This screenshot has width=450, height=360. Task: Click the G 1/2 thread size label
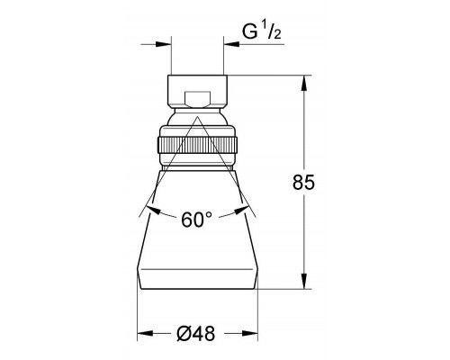tap(262, 32)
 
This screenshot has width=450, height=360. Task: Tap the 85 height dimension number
tap(303, 182)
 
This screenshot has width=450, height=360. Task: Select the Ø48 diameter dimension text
tap(196, 333)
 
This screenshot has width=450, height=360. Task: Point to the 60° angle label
tap(196, 220)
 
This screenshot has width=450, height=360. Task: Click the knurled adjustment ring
tap(197, 146)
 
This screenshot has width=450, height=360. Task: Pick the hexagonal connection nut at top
tap(197, 92)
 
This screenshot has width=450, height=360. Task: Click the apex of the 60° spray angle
tap(197, 117)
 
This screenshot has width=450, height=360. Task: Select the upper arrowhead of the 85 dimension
tap(304, 83)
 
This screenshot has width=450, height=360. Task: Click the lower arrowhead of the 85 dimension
tap(304, 281)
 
